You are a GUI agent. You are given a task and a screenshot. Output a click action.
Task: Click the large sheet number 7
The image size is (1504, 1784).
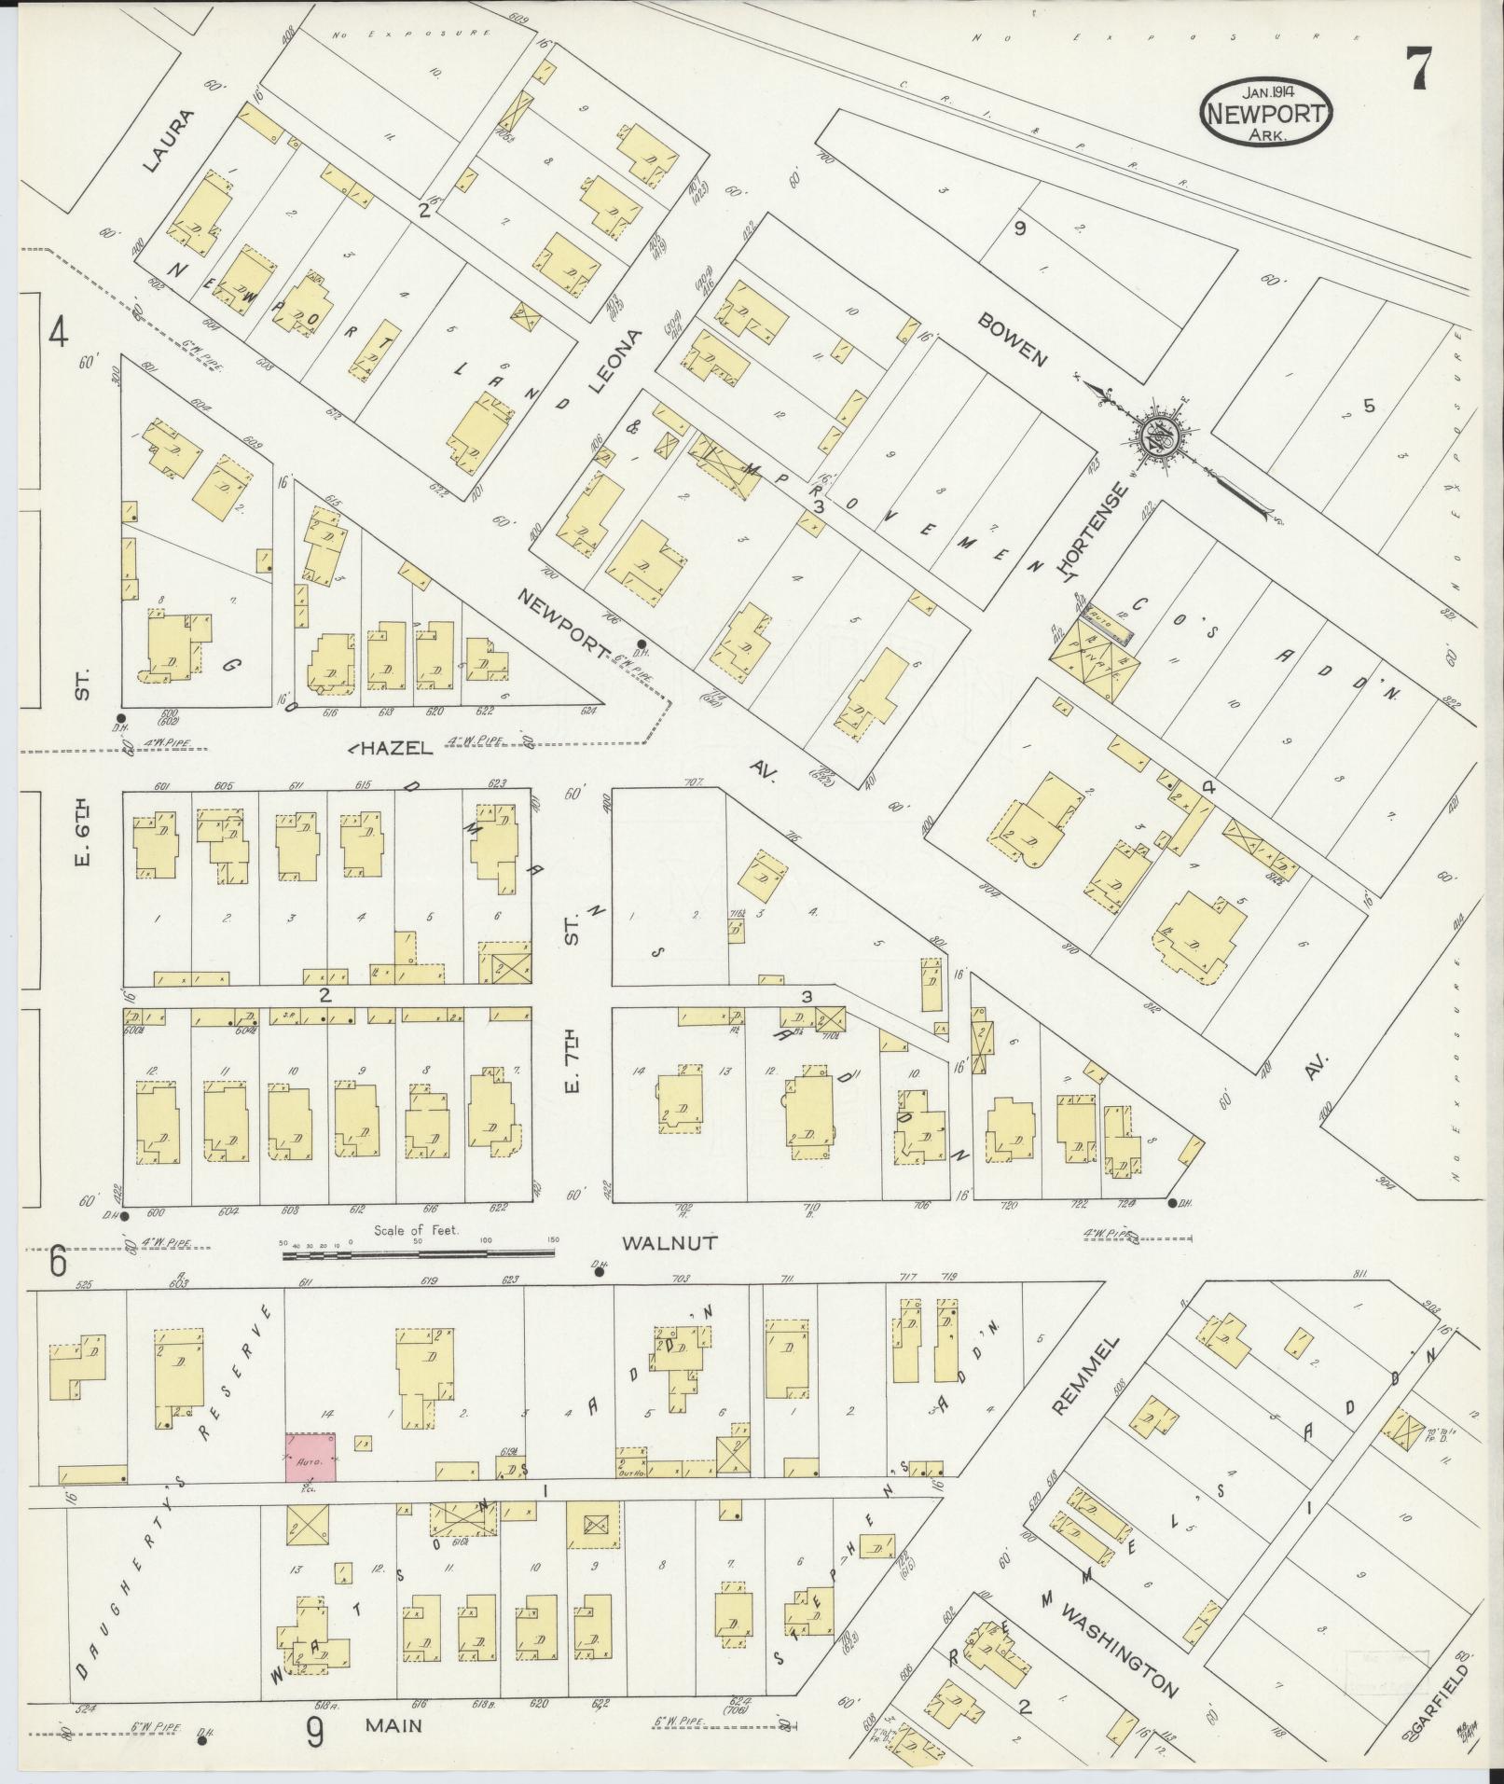[x=1418, y=67]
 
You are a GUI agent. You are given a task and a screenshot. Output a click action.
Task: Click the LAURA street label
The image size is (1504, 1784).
[x=172, y=141]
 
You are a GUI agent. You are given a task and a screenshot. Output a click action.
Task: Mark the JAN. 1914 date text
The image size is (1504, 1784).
[x=1266, y=92]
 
